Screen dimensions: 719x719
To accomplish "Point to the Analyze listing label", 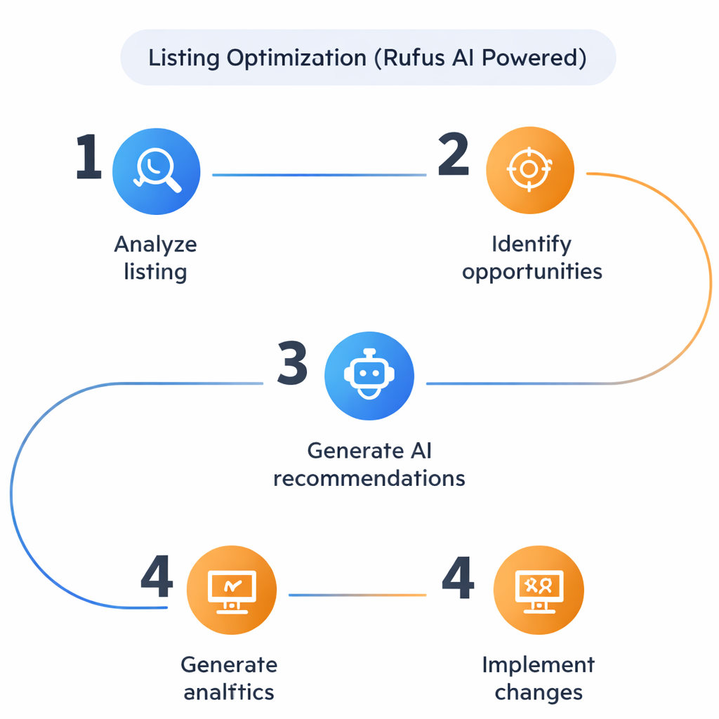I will click(x=155, y=258).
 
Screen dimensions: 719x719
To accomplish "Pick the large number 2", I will click(x=454, y=155).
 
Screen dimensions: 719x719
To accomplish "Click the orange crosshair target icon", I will click(x=530, y=170).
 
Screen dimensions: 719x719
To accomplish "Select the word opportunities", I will click(x=532, y=272).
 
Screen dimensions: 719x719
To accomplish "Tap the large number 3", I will click(x=291, y=364).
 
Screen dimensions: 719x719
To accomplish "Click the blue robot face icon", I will click(x=369, y=376).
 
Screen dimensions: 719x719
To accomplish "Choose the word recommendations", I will click(x=369, y=478).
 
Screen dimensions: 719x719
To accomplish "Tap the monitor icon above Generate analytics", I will click(x=232, y=590).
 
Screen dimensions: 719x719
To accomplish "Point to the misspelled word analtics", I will click(x=229, y=692).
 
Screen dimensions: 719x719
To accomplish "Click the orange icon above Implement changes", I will click(x=539, y=590).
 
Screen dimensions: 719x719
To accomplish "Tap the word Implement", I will click(x=539, y=664).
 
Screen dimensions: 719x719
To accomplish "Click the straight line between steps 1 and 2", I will click(x=319, y=175).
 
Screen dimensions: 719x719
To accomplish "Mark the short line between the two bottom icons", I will click(x=357, y=595).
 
